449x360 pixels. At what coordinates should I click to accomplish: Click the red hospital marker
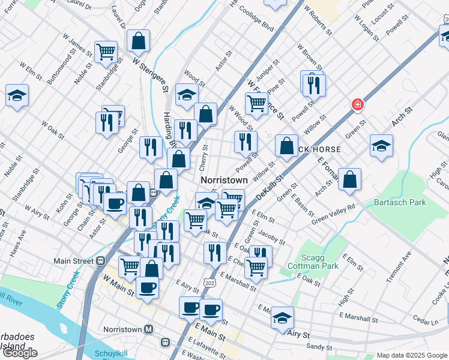pos(358,105)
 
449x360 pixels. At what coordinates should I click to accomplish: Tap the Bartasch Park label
pos(400,203)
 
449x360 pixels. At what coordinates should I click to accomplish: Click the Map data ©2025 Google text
pos(412,355)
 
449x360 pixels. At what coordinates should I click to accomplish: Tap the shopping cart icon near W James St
pos(106,52)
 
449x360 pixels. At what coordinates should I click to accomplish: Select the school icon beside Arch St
pos(381,147)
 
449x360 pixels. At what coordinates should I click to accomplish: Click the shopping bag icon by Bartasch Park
pos(350,179)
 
